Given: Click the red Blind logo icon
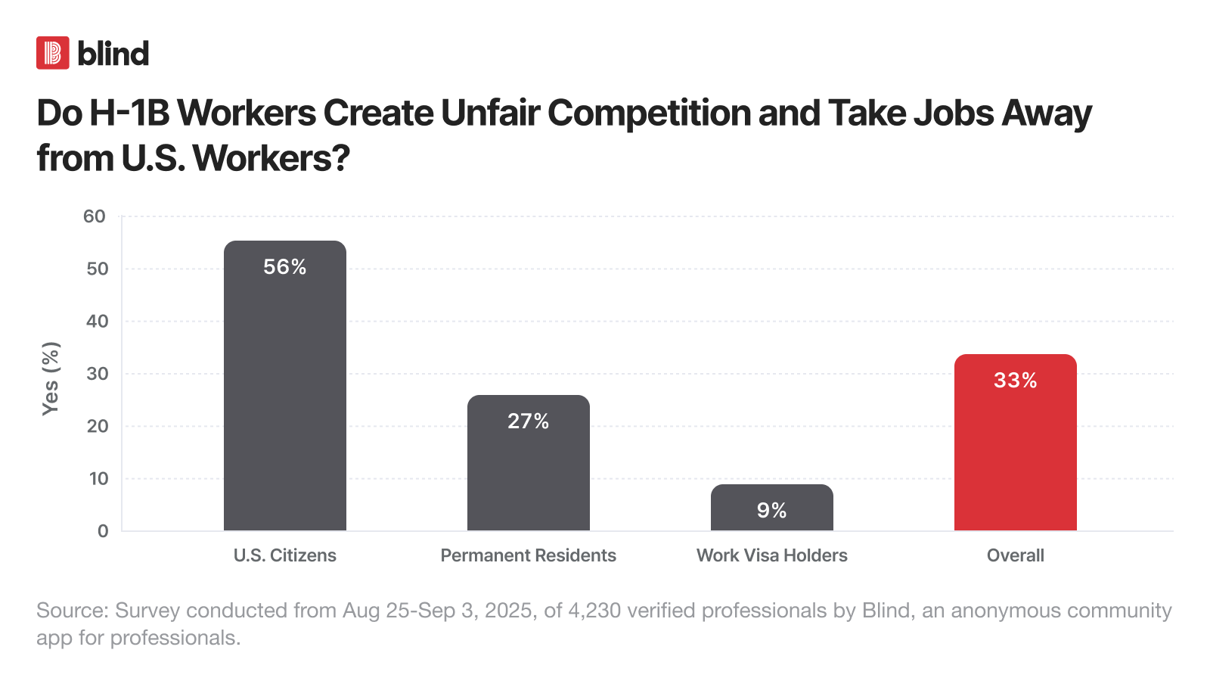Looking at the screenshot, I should [x=53, y=53].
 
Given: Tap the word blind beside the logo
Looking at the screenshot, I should [x=113, y=54].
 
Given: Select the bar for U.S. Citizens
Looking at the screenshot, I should [x=285, y=393].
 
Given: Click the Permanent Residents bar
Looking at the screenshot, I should [x=529, y=469].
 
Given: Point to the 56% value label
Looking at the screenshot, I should [x=285, y=267].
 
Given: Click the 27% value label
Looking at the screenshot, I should [x=529, y=421].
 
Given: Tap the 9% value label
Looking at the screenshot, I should [x=772, y=511].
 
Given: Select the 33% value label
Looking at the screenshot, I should [x=1016, y=381].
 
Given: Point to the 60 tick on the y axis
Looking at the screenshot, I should [x=95, y=216].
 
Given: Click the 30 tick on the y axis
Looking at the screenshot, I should [x=98, y=374].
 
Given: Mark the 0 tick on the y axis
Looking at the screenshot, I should [x=103, y=531].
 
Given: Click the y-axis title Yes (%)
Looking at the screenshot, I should [x=51, y=378].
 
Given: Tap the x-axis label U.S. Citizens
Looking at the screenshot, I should [x=285, y=555].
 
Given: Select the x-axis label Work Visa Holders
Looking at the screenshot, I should [x=772, y=555].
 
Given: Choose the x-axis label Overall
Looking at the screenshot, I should [x=1016, y=555].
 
